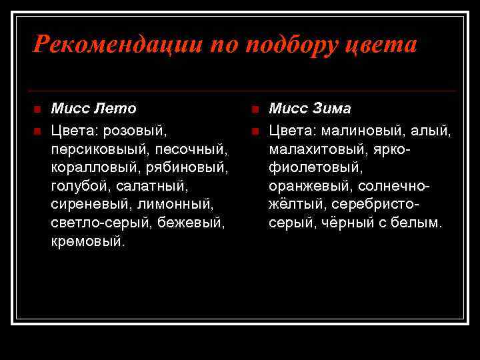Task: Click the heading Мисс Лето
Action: [x=94, y=108]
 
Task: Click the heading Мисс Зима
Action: [x=310, y=108]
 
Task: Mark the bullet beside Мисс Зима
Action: [x=255, y=109]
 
